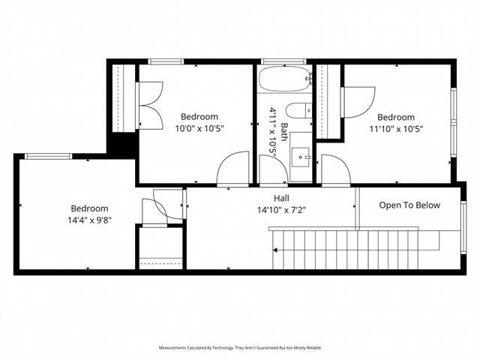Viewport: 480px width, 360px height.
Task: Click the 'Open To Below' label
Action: (x=409, y=205)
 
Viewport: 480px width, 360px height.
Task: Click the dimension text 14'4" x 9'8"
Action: (x=89, y=221)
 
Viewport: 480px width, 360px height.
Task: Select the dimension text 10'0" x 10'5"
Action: (x=199, y=128)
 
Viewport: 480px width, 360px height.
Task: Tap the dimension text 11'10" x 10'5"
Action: (x=395, y=128)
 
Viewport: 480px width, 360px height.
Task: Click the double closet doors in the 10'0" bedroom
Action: (x=148, y=102)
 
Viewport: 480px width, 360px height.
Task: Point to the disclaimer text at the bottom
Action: (x=240, y=348)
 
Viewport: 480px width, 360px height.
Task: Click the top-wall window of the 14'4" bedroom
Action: (x=48, y=156)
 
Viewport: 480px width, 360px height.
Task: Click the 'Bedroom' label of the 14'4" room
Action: (x=89, y=208)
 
